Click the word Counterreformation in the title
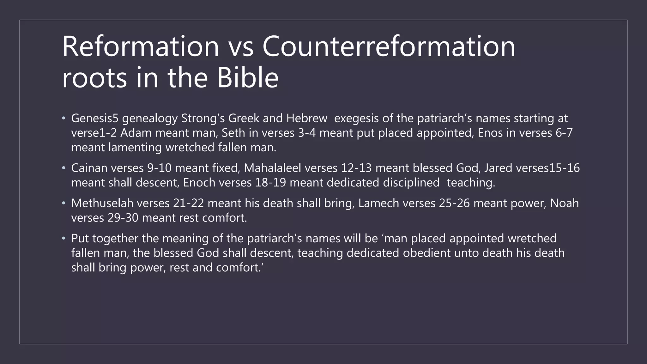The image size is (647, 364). point(389,46)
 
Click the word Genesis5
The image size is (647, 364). point(95,118)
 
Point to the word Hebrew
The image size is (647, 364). point(307,118)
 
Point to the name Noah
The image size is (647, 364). point(564,203)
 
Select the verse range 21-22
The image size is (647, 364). point(189,203)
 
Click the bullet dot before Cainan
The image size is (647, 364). point(64,168)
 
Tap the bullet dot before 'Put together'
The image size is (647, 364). point(64,238)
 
